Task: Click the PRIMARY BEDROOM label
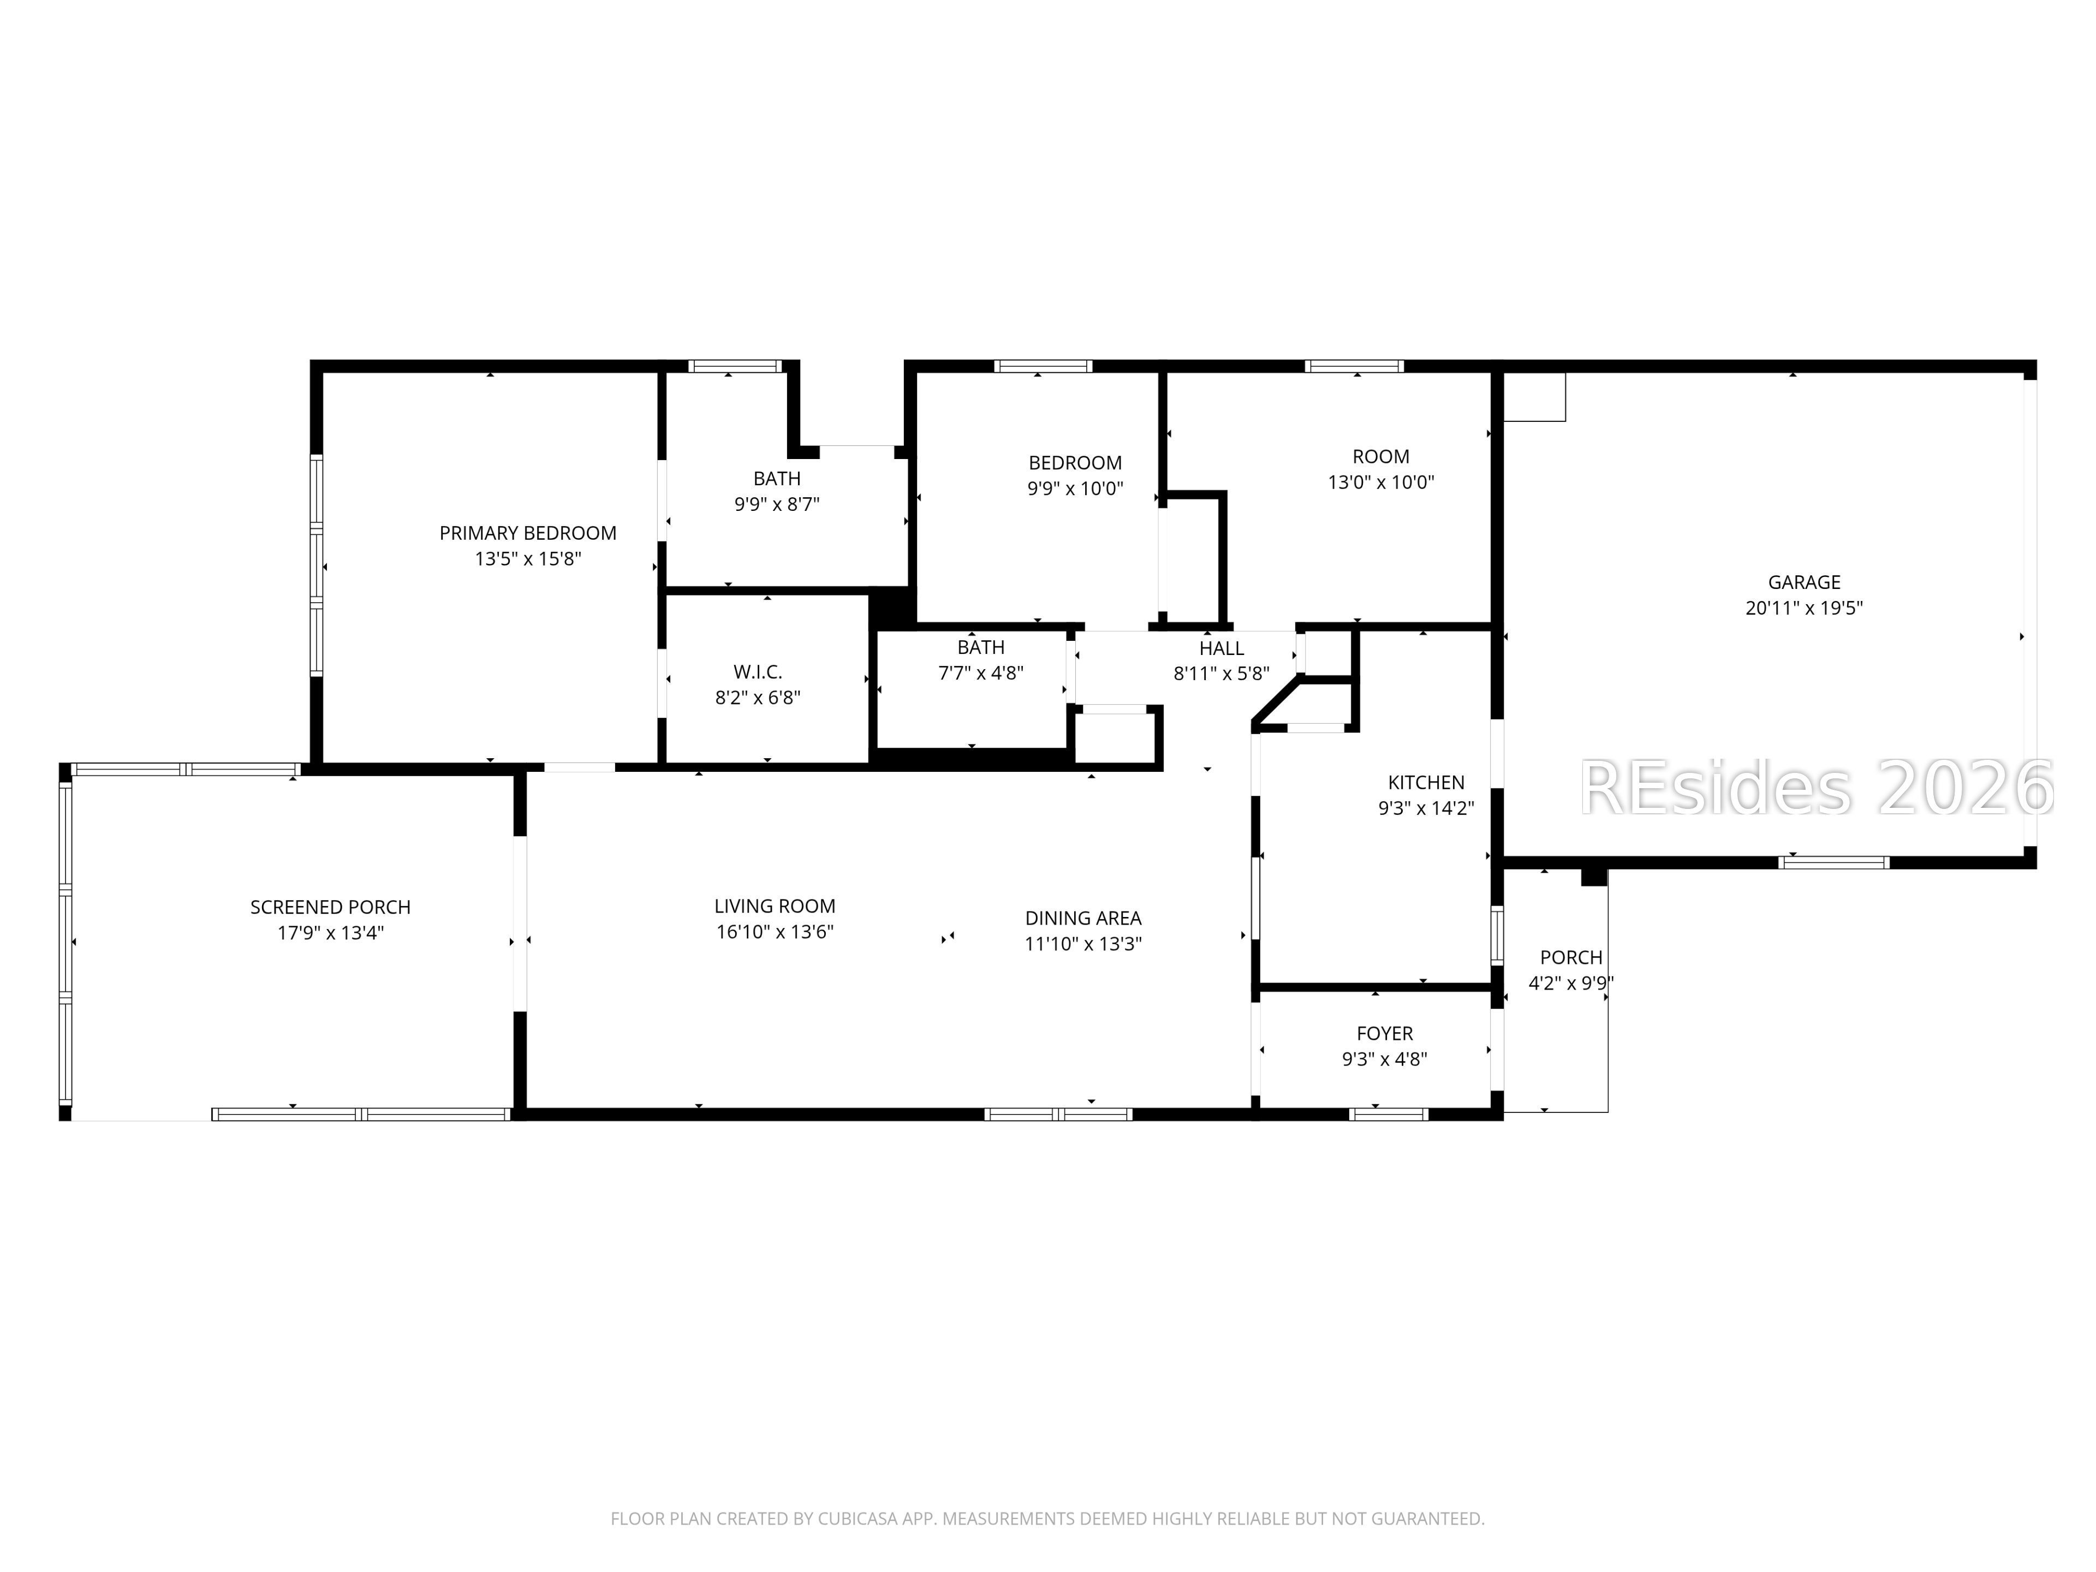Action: (528, 533)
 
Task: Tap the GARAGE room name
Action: (1804, 583)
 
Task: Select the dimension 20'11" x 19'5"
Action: (1804, 609)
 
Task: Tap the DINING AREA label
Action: (1083, 918)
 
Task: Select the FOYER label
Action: (1384, 1034)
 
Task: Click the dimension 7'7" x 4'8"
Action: (981, 674)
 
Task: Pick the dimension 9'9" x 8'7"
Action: (777, 505)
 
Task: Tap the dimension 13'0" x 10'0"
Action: (1380, 483)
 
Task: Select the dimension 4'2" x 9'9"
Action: (1571, 984)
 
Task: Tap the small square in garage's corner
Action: (1534, 397)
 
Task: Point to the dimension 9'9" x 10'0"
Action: (1075, 489)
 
